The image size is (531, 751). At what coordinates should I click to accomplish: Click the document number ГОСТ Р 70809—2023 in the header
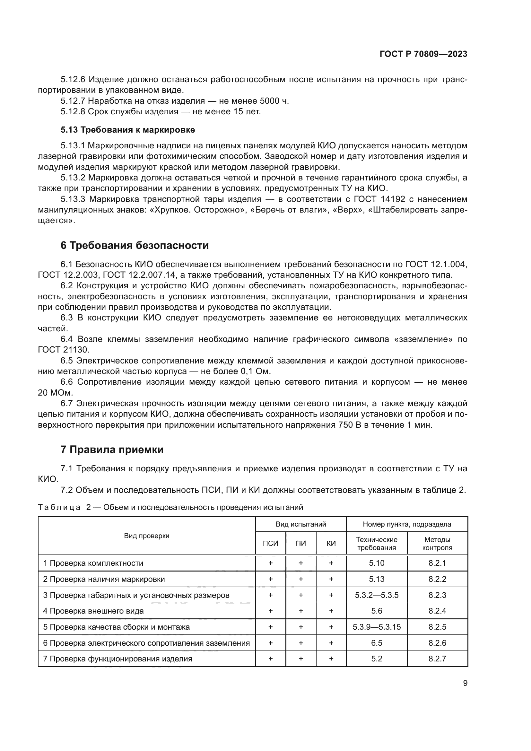point(423,54)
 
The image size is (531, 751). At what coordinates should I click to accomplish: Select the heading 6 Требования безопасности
point(135,245)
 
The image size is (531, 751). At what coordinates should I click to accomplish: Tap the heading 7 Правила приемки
point(112,450)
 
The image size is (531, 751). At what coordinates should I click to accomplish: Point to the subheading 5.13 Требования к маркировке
point(127,130)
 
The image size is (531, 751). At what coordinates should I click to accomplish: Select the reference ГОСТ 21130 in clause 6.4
point(64,350)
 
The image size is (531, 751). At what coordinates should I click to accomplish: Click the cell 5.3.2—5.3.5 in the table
point(377,595)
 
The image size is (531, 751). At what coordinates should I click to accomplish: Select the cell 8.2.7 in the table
point(437,659)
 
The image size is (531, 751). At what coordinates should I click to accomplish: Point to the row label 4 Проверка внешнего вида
point(93,611)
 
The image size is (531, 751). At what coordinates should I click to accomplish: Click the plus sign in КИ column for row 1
point(331,563)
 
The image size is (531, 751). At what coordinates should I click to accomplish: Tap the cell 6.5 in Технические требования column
point(377,643)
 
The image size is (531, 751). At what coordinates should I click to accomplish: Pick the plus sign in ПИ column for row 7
point(301,659)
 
